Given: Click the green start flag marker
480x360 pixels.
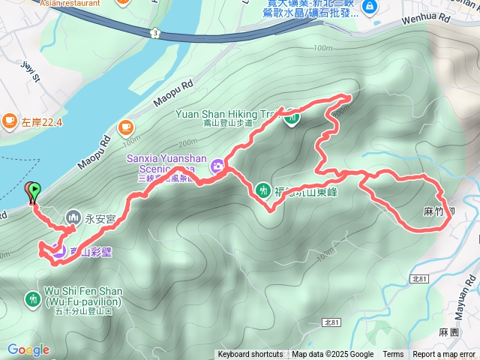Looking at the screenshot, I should (x=34, y=192).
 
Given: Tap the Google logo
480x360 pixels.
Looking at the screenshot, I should (x=28, y=349).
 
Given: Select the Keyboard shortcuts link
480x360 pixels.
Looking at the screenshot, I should (x=250, y=355).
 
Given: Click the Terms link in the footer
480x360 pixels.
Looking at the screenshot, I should (x=393, y=355).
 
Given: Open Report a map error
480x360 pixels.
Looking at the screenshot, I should (x=445, y=355).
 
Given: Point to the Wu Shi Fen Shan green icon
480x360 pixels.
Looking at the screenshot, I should (x=33, y=298).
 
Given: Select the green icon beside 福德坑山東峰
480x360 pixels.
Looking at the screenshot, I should (x=262, y=190).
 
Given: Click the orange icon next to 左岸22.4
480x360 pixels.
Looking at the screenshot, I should (x=10, y=119).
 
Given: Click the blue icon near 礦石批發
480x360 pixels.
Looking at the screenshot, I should (x=369, y=7).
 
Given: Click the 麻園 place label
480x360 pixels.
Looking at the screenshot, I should (x=448, y=330).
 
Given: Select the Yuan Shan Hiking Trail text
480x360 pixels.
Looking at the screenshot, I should (x=225, y=114).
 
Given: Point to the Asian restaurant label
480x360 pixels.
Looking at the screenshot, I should (x=70, y=3).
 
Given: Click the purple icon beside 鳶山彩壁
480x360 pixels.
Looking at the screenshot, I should (x=58, y=252).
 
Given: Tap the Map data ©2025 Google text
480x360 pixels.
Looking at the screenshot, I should (x=332, y=355).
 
